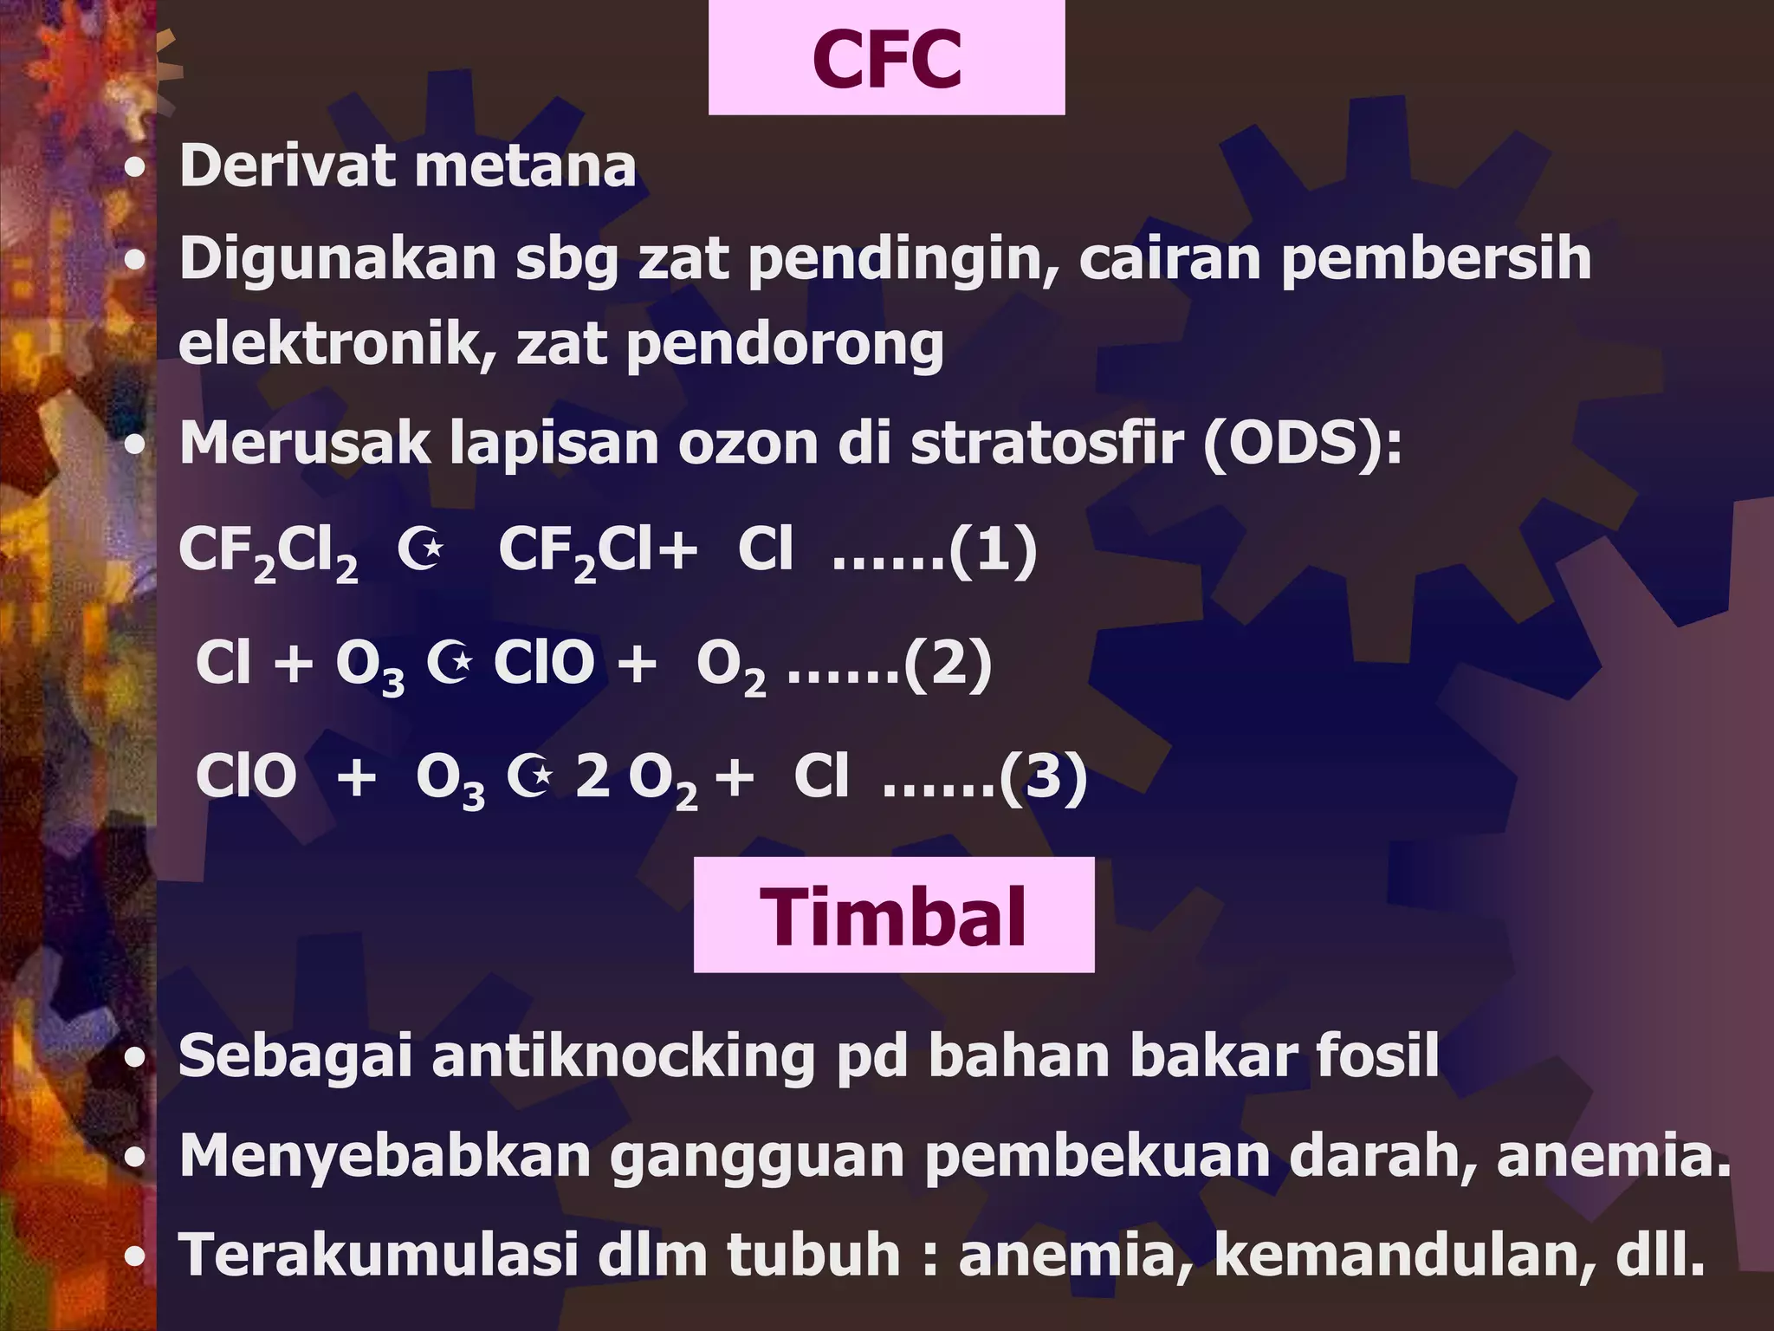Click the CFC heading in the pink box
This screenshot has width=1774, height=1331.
tap(886, 59)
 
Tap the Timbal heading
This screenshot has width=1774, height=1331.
tap(893, 917)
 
